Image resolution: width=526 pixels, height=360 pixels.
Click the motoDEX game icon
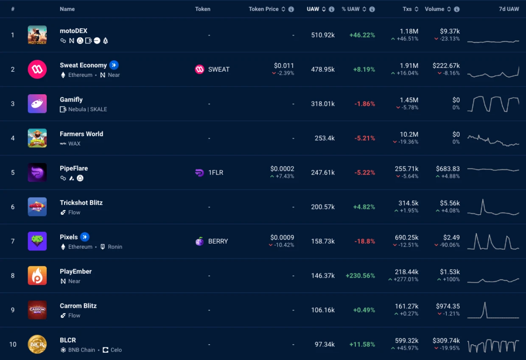coord(37,35)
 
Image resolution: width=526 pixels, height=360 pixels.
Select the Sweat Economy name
coord(83,65)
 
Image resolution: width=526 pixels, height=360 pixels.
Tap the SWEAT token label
coord(218,70)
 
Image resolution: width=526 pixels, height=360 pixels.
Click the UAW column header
coord(313,9)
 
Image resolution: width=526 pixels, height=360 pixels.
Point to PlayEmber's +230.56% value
coord(360,276)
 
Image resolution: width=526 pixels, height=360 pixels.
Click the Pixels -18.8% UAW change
coord(364,242)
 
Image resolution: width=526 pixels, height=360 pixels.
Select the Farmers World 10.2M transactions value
coord(409,135)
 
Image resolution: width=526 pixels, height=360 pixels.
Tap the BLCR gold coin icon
coord(37,344)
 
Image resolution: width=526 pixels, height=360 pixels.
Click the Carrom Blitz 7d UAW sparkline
coord(493,310)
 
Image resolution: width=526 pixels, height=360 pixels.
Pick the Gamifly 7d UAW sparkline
coord(493,104)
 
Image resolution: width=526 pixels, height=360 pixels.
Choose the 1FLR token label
coord(215,173)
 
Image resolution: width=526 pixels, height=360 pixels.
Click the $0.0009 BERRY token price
coord(282,238)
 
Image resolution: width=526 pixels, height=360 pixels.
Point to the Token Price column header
coord(263,9)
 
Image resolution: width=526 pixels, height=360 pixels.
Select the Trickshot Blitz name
coord(81,203)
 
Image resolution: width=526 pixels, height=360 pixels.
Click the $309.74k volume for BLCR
coord(446,340)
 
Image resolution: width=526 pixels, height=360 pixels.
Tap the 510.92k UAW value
coord(323,35)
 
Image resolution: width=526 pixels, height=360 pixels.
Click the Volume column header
coord(434,9)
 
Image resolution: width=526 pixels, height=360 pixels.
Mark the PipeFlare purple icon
coord(37,173)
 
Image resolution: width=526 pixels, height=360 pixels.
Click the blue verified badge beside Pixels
coord(85,237)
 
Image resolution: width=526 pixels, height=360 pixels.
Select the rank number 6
coord(13,207)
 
